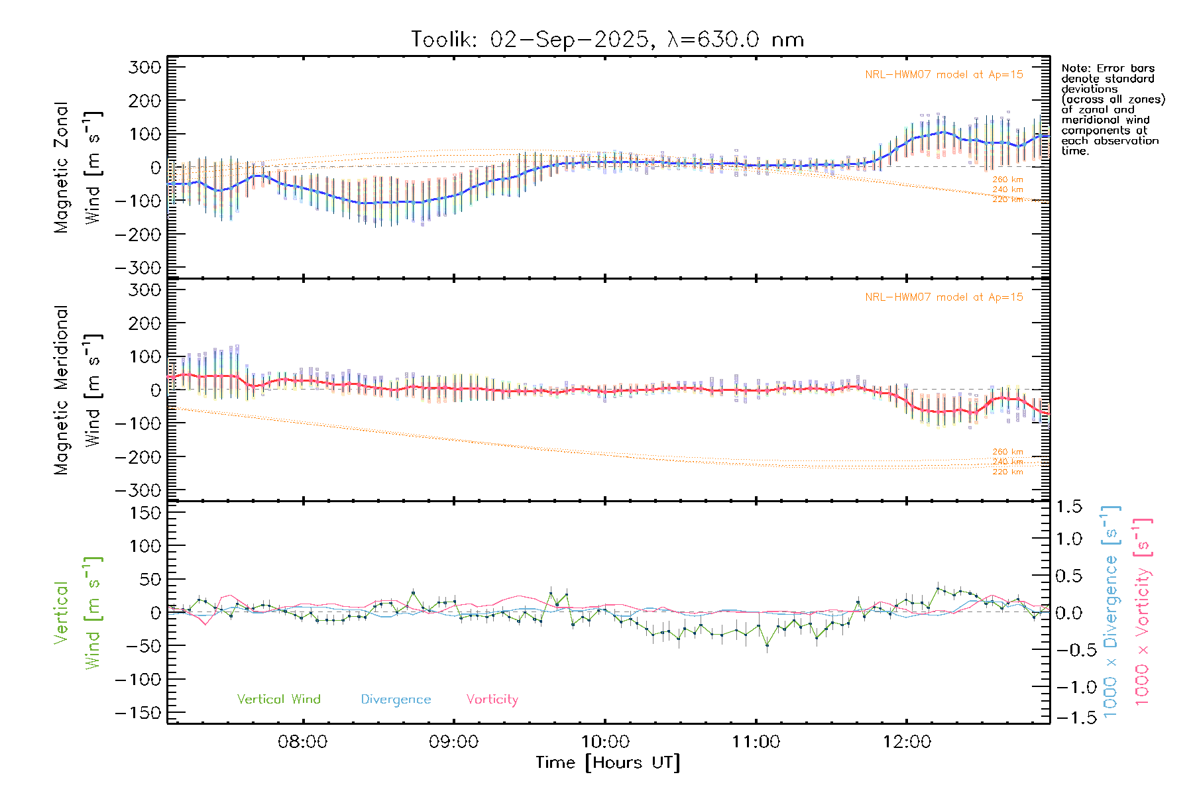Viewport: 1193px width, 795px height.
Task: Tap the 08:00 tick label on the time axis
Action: click(303, 742)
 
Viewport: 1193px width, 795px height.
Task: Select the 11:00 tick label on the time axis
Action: click(756, 742)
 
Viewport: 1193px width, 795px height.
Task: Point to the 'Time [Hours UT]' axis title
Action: click(608, 763)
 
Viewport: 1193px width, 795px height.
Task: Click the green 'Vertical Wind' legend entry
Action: click(278, 699)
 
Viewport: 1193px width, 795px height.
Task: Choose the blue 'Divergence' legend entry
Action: click(396, 700)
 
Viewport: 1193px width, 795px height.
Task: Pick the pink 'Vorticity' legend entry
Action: click(492, 699)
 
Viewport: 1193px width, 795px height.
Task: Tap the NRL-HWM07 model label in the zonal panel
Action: click(944, 75)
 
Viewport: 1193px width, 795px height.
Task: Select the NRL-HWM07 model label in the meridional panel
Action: click(944, 297)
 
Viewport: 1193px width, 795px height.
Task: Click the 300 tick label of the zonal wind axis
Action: click(144, 67)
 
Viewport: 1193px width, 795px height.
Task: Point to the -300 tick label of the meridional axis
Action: click(138, 490)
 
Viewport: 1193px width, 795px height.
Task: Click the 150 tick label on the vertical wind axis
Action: click(144, 513)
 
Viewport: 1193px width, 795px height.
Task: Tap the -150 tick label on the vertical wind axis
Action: click(138, 713)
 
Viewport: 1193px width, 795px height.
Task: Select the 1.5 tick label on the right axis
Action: click(1068, 507)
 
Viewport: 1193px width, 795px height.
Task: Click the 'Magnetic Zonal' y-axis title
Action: click(61, 167)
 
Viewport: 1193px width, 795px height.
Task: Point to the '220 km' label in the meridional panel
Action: click(1007, 472)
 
